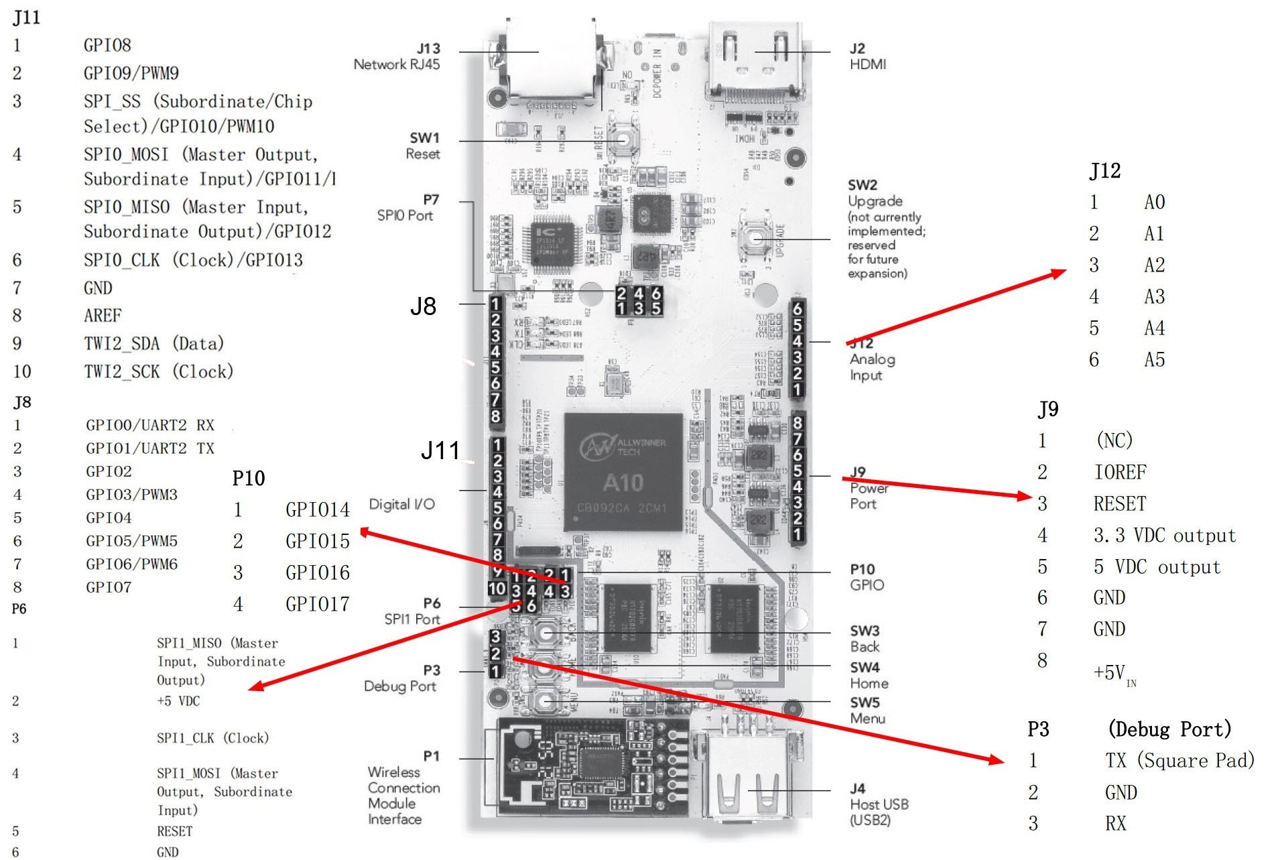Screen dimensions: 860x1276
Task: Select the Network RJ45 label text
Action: tap(397, 64)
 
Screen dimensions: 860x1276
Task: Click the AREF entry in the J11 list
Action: tap(103, 315)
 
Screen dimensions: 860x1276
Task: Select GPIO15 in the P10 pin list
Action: tap(317, 541)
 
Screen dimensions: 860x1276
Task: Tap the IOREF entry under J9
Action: tap(1120, 472)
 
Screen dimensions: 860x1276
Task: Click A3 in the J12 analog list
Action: tap(1154, 296)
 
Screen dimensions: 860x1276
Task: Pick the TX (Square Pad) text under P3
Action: tap(1179, 760)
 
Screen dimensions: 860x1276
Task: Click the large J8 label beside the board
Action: tap(423, 306)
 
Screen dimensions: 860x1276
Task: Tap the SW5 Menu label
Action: tap(867, 711)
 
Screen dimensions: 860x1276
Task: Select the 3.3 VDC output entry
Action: tap(1164, 535)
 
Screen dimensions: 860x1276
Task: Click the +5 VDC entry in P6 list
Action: tap(178, 700)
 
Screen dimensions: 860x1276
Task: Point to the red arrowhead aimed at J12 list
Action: tap(1060, 273)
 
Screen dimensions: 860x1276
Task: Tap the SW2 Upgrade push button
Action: tap(755, 238)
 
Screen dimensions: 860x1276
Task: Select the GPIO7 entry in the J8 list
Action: tap(109, 587)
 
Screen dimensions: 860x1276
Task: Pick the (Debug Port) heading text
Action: tap(1169, 729)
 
